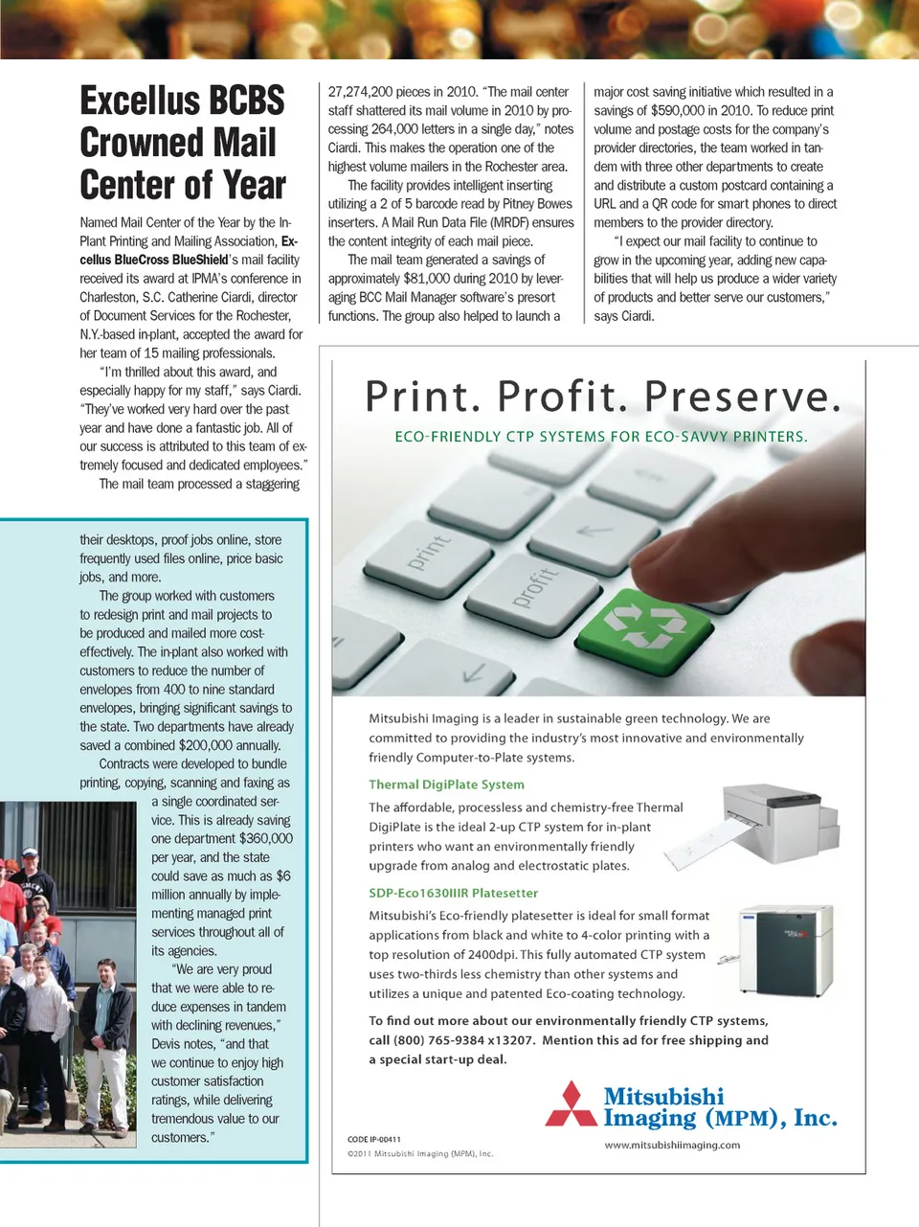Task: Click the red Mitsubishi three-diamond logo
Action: (572, 1105)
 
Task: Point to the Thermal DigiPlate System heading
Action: (446, 784)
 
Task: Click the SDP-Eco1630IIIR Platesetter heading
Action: (454, 893)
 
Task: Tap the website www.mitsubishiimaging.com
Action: (672, 1146)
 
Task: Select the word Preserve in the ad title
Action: (742, 397)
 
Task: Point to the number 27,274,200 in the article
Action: (360, 92)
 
